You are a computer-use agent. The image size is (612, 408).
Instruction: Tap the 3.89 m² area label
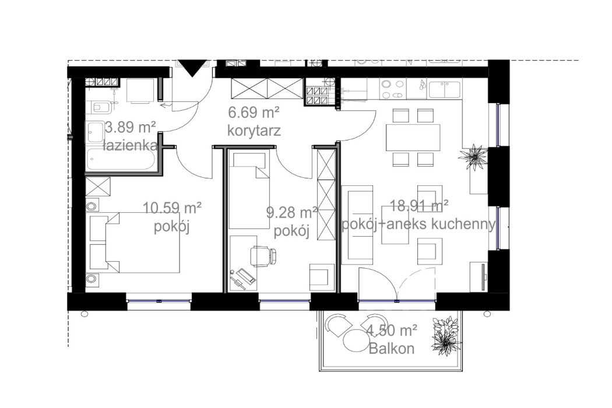click(130, 127)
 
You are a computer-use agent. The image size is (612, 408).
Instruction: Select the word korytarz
click(254, 131)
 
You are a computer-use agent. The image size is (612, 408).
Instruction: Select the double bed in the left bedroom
click(137, 241)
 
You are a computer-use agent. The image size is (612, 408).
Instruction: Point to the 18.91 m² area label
click(414, 206)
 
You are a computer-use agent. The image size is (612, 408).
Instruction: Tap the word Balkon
click(392, 349)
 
